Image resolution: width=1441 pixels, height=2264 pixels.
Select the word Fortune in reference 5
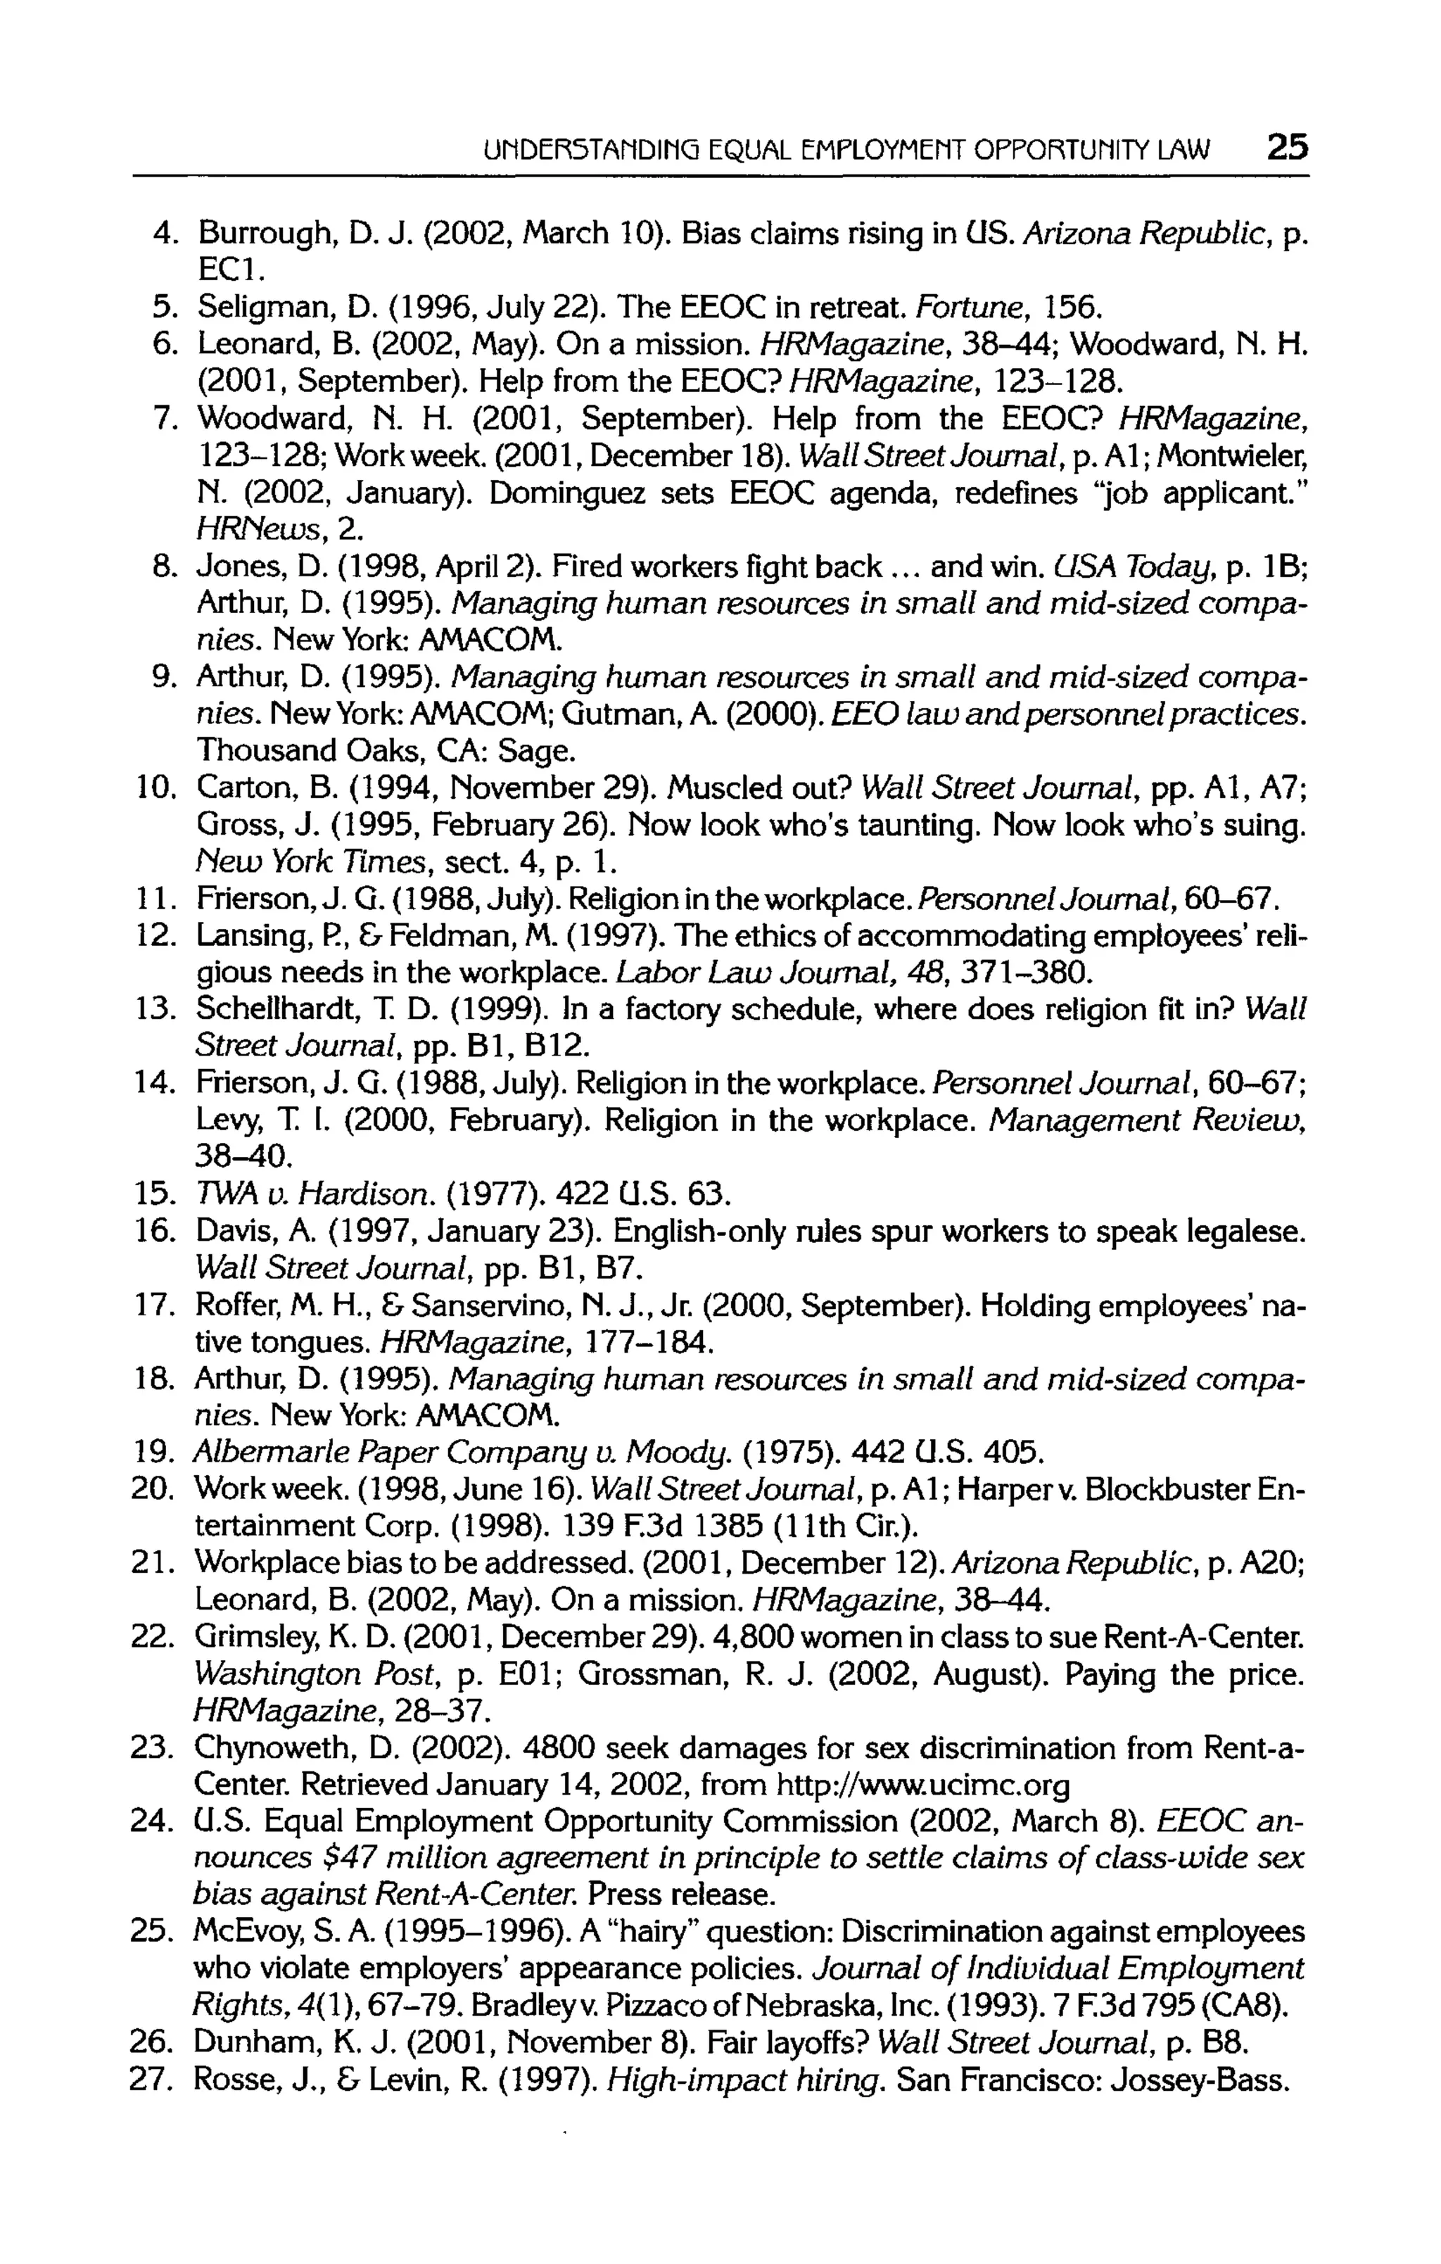(x=956, y=307)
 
